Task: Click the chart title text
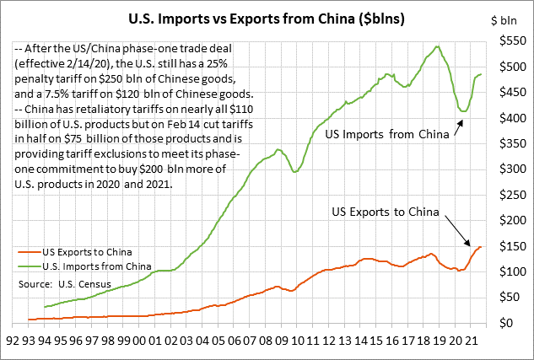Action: [x=267, y=16]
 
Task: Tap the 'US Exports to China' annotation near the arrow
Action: [x=383, y=212]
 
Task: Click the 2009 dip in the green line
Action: [x=294, y=172]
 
